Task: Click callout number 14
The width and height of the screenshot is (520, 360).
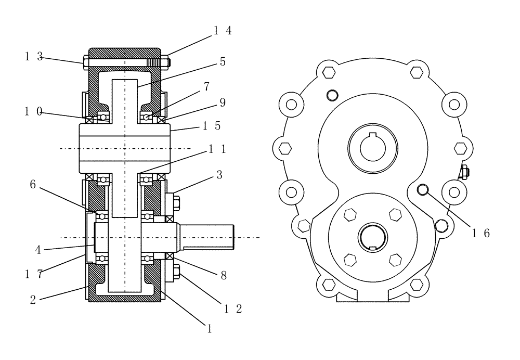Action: click(222, 30)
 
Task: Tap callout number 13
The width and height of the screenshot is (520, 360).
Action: click(34, 57)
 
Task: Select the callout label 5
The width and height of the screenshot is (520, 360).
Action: click(223, 61)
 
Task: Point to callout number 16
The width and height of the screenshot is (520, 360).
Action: click(480, 233)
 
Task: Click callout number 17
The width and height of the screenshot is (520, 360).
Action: click(34, 272)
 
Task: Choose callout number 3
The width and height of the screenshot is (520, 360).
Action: click(219, 175)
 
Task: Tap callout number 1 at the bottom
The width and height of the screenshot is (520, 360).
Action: click(209, 329)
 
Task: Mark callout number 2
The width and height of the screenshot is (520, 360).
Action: click(34, 301)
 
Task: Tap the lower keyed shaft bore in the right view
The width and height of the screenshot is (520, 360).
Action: click(372, 238)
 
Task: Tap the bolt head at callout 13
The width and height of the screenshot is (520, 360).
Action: click(86, 62)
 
